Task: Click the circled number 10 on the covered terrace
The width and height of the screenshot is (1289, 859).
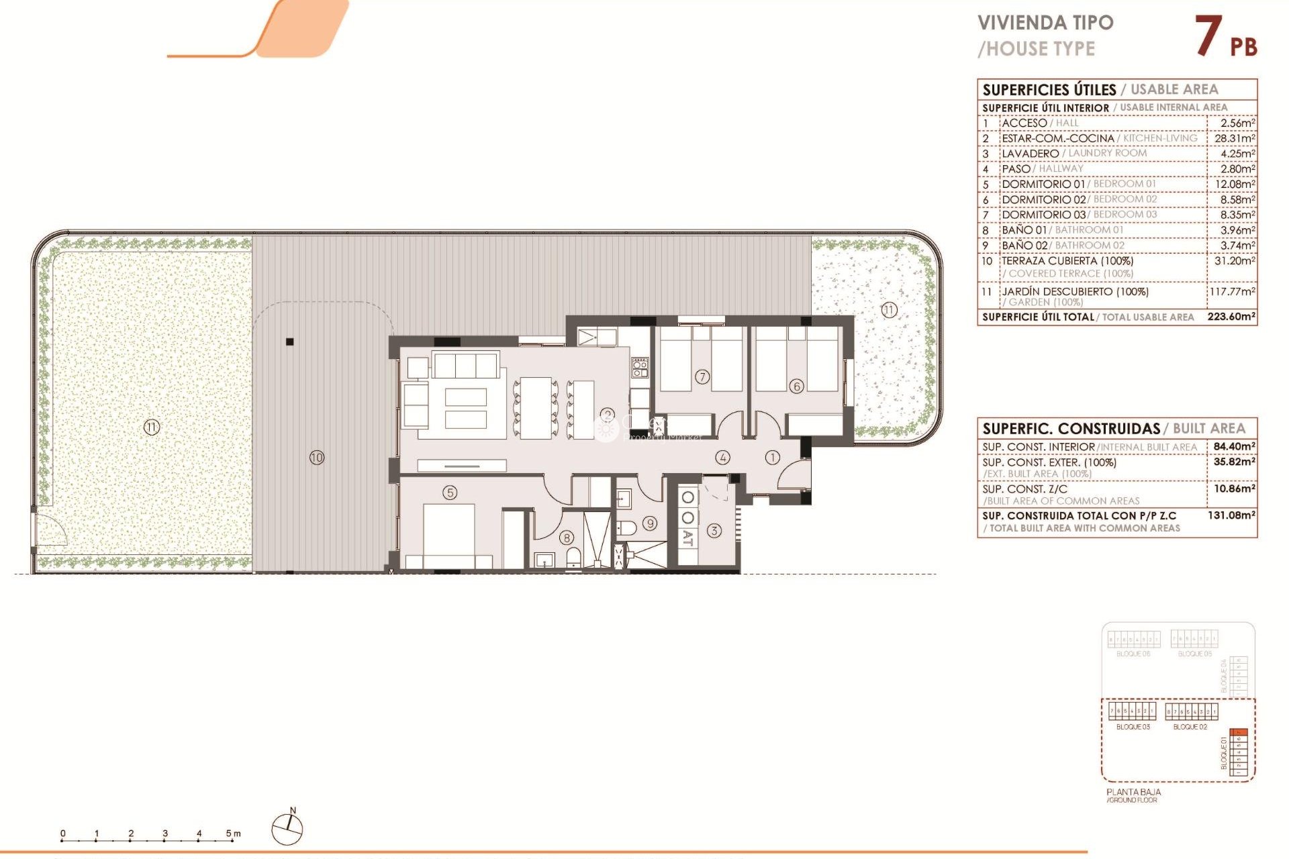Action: [x=316, y=458]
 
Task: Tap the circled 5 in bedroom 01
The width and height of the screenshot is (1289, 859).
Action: [x=450, y=493]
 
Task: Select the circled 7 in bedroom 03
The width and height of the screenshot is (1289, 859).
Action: [x=702, y=376]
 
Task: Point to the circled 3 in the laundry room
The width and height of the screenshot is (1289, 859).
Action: [x=714, y=530]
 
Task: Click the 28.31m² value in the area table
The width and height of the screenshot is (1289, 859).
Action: [x=1234, y=138]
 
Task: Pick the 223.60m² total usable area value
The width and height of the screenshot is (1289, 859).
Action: [x=1231, y=317]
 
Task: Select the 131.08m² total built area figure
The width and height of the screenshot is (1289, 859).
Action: [x=1231, y=515]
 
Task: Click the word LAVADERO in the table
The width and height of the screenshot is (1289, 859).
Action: [x=1030, y=154]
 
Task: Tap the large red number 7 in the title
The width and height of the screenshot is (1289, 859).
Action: [x=1208, y=36]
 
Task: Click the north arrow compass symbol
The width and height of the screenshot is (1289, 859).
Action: [x=287, y=829]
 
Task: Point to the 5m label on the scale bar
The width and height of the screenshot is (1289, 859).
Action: [x=233, y=833]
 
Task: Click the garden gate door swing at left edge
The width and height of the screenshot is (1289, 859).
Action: [x=50, y=530]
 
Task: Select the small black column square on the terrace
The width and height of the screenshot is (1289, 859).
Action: [x=290, y=342]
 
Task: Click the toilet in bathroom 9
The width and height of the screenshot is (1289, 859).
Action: [x=627, y=527]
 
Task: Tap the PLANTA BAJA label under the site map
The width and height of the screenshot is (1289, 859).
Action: [x=1133, y=792]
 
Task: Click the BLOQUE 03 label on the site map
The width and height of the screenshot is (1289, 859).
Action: [x=1133, y=727]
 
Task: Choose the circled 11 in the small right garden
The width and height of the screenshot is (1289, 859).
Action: [x=889, y=310]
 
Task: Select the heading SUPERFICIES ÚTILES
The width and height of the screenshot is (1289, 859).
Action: [x=1049, y=90]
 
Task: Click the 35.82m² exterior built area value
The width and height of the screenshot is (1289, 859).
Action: [x=1234, y=462]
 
